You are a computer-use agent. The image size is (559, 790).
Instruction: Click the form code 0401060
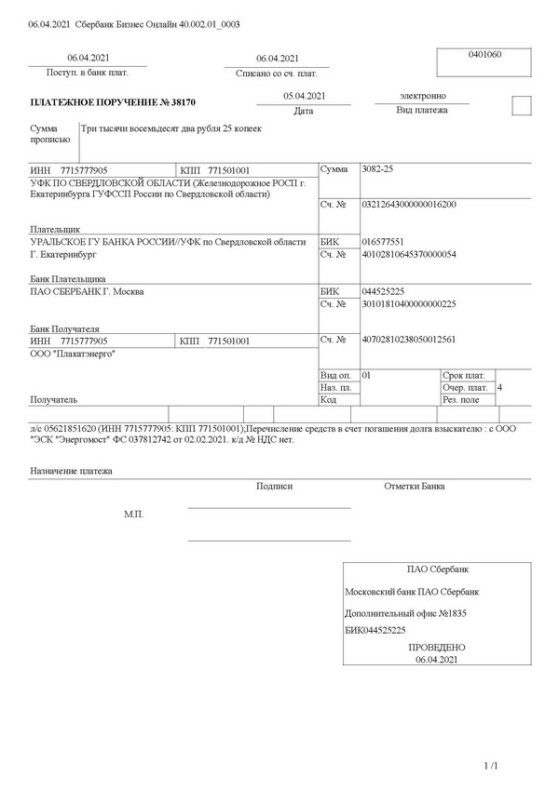click(x=484, y=55)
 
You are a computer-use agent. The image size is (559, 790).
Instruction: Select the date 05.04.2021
click(x=304, y=96)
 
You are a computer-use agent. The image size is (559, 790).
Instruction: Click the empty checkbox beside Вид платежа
click(x=522, y=105)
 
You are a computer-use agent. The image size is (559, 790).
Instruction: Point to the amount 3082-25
click(x=377, y=170)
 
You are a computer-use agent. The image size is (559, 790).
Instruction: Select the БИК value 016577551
click(x=381, y=239)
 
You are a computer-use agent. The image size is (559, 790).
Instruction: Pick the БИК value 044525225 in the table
click(x=382, y=291)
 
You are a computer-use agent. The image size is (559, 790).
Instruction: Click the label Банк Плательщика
click(x=68, y=278)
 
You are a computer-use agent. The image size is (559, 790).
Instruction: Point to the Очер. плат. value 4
click(x=501, y=386)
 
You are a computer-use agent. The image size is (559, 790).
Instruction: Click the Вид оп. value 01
click(x=366, y=374)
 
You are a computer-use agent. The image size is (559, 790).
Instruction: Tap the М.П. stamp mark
click(x=134, y=514)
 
